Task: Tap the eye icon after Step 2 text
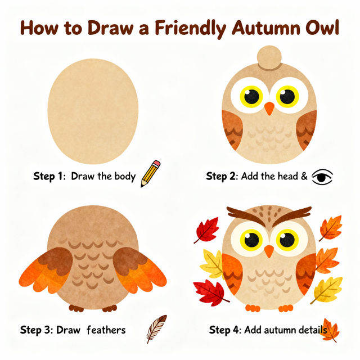point(322,177)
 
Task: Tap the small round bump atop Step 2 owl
point(269,58)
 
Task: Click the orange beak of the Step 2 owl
point(269,108)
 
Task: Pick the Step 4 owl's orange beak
point(269,251)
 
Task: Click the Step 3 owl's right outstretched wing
point(140,270)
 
